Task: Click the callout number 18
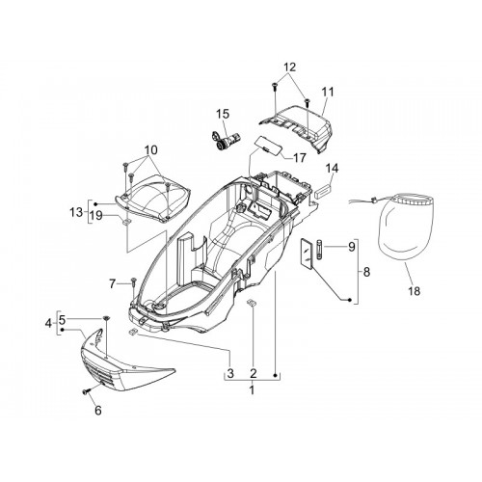click(x=415, y=291)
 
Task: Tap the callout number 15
click(x=223, y=114)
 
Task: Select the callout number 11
click(x=328, y=92)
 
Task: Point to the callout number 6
click(x=98, y=410)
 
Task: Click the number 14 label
click(x=332, y=168)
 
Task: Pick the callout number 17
click(x=300, y=157)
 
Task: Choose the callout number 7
click(x=112, y=283)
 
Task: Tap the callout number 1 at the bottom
click(x=253, y=390)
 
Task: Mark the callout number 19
click(x=96, y=215)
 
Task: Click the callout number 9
click(x=351, y=247)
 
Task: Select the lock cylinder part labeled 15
click(x=226, y=139)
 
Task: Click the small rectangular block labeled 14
click(x=324, y=192)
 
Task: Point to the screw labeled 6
click(x=87, y=391)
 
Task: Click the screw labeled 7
click(x=134, y=281)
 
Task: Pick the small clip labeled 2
click(x=252, y=303)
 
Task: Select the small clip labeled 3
click(x=132, y=332)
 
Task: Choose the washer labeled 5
click(x=106, y=318)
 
